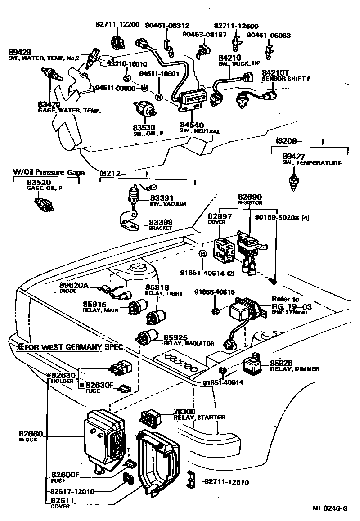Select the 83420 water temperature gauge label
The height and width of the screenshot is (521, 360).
(x=49, y=105)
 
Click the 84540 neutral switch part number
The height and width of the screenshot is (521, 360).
(x=191, y=125)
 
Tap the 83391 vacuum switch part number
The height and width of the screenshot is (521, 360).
(x=162, y=198)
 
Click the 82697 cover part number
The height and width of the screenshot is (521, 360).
(x=220, y=216)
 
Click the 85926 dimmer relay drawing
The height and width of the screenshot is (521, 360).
(x=255, y=364)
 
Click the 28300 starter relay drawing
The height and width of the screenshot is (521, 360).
(x=150, y=418)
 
